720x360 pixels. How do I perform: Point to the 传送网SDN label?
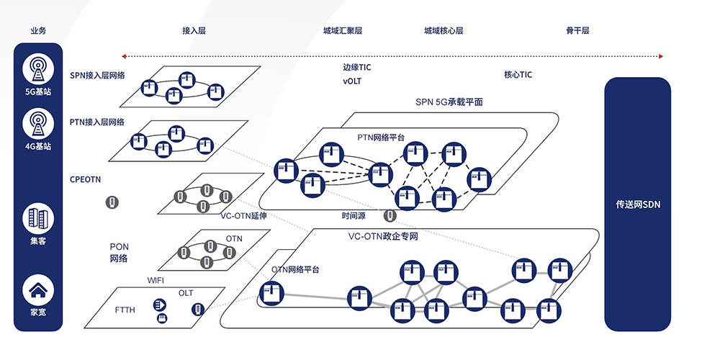pyautogui.click(x=637, y=204)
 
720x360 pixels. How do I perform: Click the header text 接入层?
pyautogui.click(x=194, y=31)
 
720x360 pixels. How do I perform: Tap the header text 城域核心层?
pyautogui.click(x=443, y=31)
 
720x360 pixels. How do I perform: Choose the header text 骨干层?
pyautogui.click(x=577, y=31)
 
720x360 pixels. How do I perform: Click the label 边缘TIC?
pyautogui.click(x=357, y=68)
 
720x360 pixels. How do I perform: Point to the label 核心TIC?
pyautogui.click(x=518, y=74)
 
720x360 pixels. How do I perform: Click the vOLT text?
pyautogui.click(x=352, y=81)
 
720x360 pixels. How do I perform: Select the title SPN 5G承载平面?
pyautogui.click(x=449, y=102)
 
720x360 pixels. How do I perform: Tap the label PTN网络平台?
pyautogui.click(x=381, y=137)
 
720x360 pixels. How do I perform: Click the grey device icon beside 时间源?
pyautogui.click(x=390, y=215)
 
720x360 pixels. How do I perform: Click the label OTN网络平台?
pyautogui.click(x=295, y=269)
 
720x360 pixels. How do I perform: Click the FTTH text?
pyautogui.click(x=125, y=310)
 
